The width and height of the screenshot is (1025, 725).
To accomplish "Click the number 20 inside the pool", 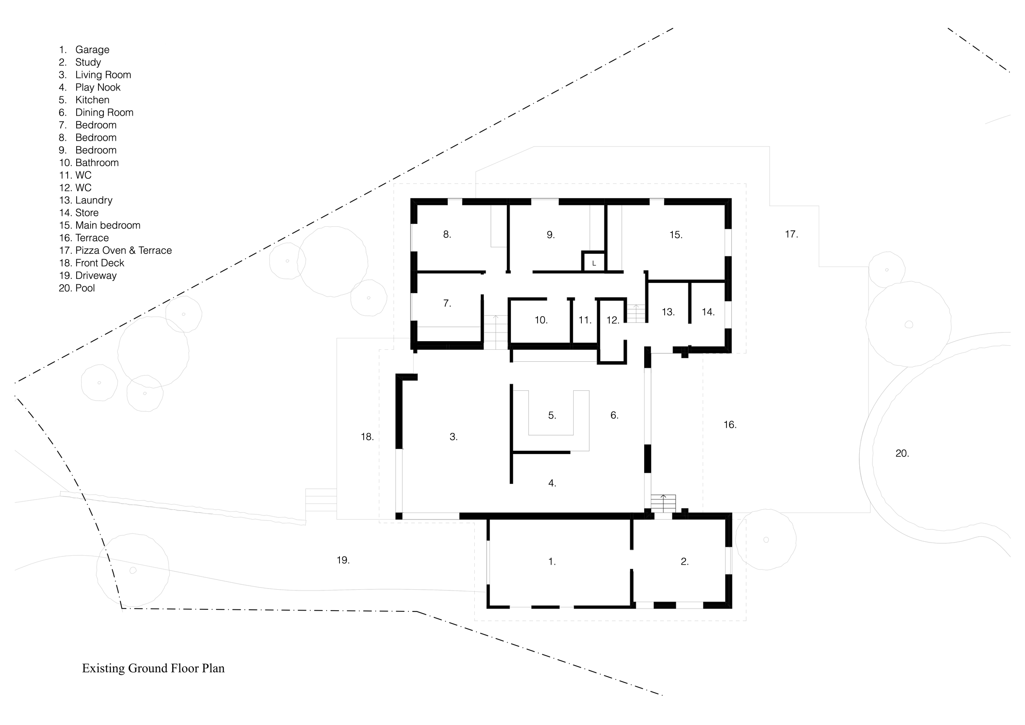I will [901, 454].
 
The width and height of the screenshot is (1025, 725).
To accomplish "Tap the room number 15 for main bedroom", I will [675, 235].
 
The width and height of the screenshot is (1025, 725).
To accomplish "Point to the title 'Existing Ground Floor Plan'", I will [153, 668].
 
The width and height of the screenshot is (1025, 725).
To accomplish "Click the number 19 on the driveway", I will [342, 560].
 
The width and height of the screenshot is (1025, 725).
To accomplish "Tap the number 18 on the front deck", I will [367, 437].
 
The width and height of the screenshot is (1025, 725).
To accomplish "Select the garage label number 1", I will [552, 562].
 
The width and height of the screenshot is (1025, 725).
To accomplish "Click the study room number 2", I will [684, 562].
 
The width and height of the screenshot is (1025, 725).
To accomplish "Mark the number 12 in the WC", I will [613, 320].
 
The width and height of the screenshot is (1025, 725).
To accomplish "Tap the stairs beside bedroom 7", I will [496, 333].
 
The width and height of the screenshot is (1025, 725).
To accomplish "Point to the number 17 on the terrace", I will [791, 234].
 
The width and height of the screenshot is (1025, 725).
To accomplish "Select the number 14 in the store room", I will [708, 312].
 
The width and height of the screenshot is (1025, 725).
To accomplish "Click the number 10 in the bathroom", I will [541, 320].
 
